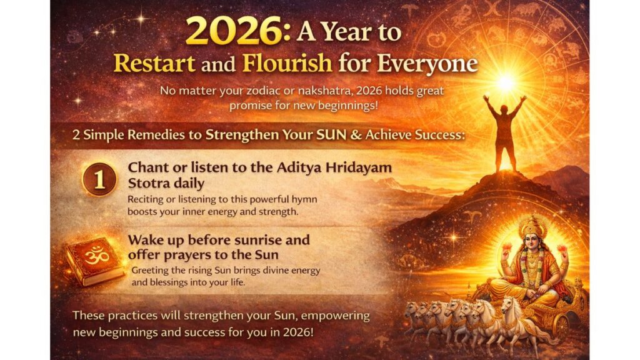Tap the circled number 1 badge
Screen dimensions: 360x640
coord(99,178)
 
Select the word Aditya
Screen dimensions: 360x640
coord(291,168)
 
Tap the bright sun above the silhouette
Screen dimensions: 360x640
coord(504,82)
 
